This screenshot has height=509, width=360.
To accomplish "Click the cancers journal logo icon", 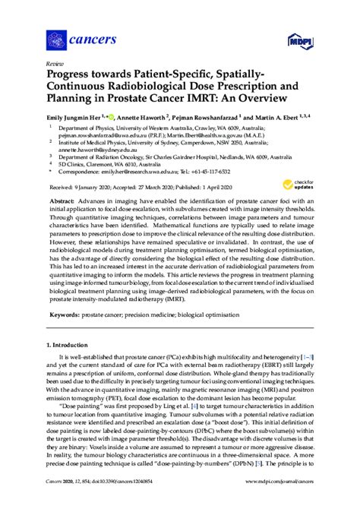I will (56, 39).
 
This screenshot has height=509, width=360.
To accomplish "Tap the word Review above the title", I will (55, 64).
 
